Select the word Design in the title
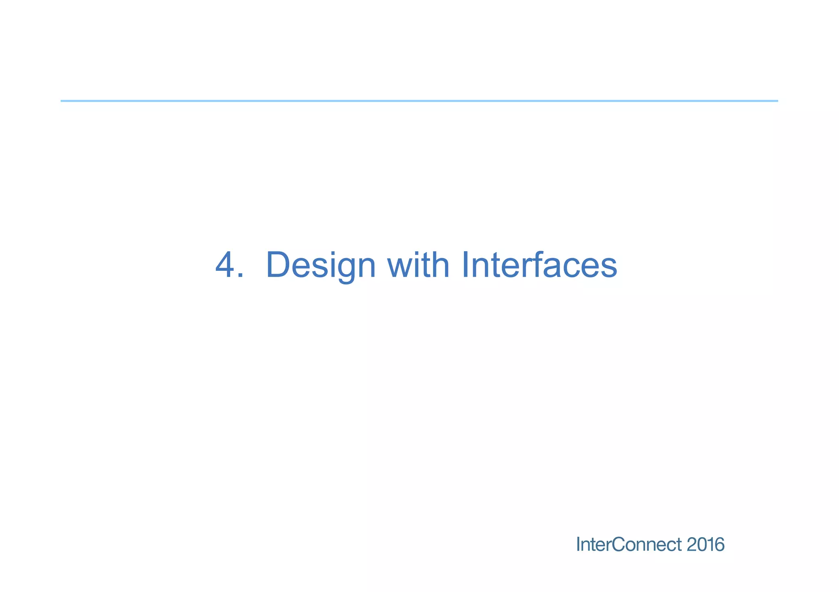tap(320, 265)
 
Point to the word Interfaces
tap(539, 265)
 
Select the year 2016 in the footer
tap(705, 545)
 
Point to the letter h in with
tap(441, 265)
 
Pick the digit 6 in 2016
tap(720, 545)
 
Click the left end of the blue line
tap(62, 101)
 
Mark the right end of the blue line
tap(777, 101)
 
